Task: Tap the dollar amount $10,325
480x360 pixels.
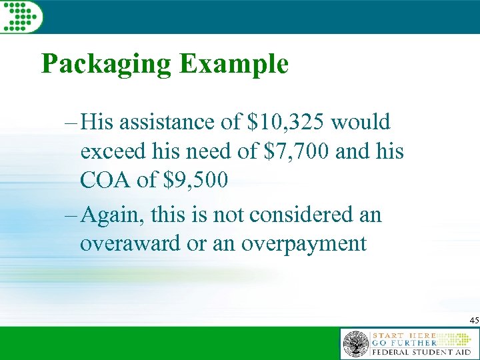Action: tap(287, 123)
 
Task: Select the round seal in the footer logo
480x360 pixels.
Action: tap(355, 344)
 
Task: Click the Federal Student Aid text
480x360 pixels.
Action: tap(421, 351)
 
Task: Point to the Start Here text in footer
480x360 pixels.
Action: tap(405, 335)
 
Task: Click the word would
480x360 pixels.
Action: tap(361, 123)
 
